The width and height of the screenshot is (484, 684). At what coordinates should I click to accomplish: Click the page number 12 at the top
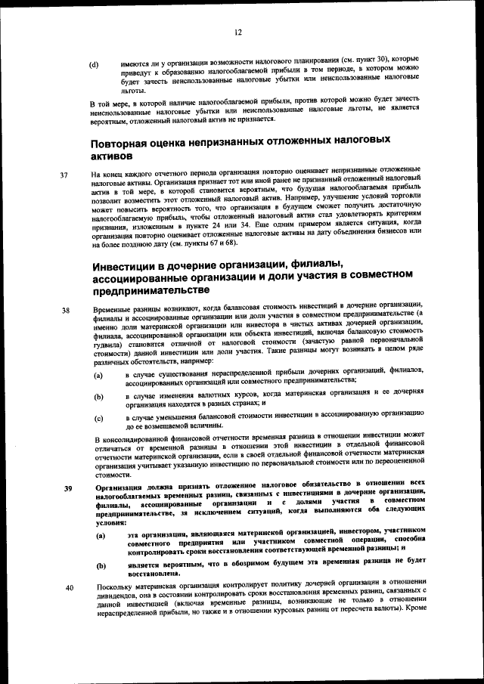click(238, 32)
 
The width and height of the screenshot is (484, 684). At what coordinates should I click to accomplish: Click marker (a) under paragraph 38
click(98, 376)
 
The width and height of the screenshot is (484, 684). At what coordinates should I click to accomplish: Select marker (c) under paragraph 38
click(98, 417)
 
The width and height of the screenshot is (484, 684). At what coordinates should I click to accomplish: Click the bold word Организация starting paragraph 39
click(122, 487)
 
